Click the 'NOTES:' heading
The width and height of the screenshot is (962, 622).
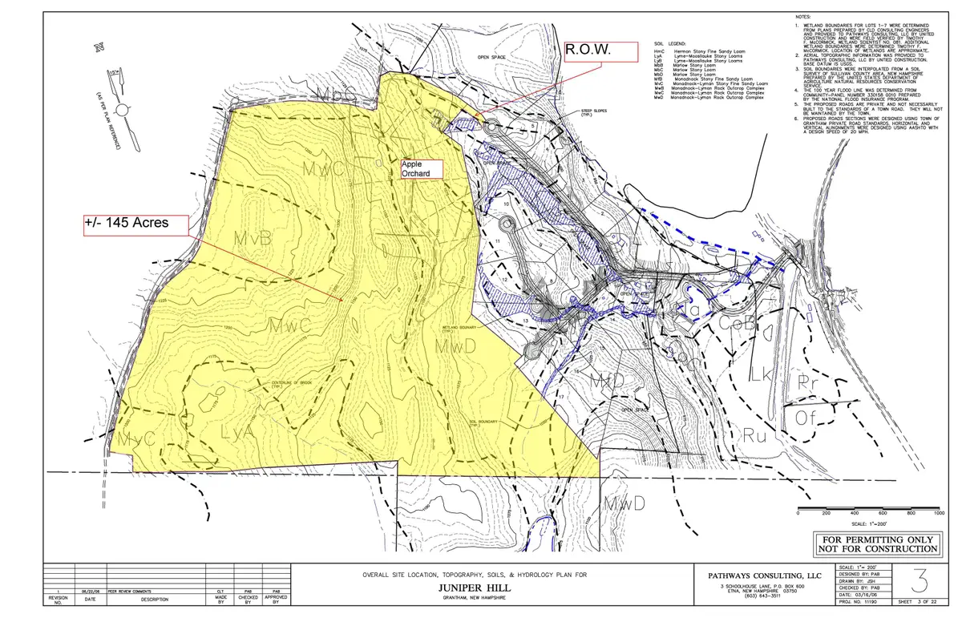(802, 17)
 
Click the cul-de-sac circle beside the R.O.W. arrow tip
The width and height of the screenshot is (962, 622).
(488, 127)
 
